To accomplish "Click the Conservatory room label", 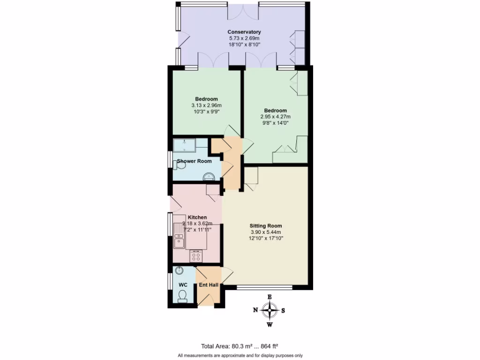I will pyautogui.click(x=244, y=32).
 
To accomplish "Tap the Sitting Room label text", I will pyautogui.click(x=266, y=225).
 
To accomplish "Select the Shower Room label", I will pyautogui.click(x=194, y=161).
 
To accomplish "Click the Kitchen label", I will pyautogui.click(x=197, y=217).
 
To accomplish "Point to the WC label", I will pyautogui.click(x=183, y=285).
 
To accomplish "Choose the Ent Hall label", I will pyautogui.click(x=208, y=285).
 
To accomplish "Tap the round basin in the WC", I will pyautogui.click(x=180, y=270).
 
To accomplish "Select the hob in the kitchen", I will pyautogui.click(x=196, y=256).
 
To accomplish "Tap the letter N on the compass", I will pyautogui.click(x=255, y=310).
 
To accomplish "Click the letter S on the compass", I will pyautogui.click(x=283, y=310).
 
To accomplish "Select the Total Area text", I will pyautogui.click(x=240, y=346).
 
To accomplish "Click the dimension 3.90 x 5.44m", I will pyautogui.click(x=266, y=232).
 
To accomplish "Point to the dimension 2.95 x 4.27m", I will pyautogui.click(x=275, y=117).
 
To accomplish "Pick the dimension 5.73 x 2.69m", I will pyautogui.click(x=244, y=38).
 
